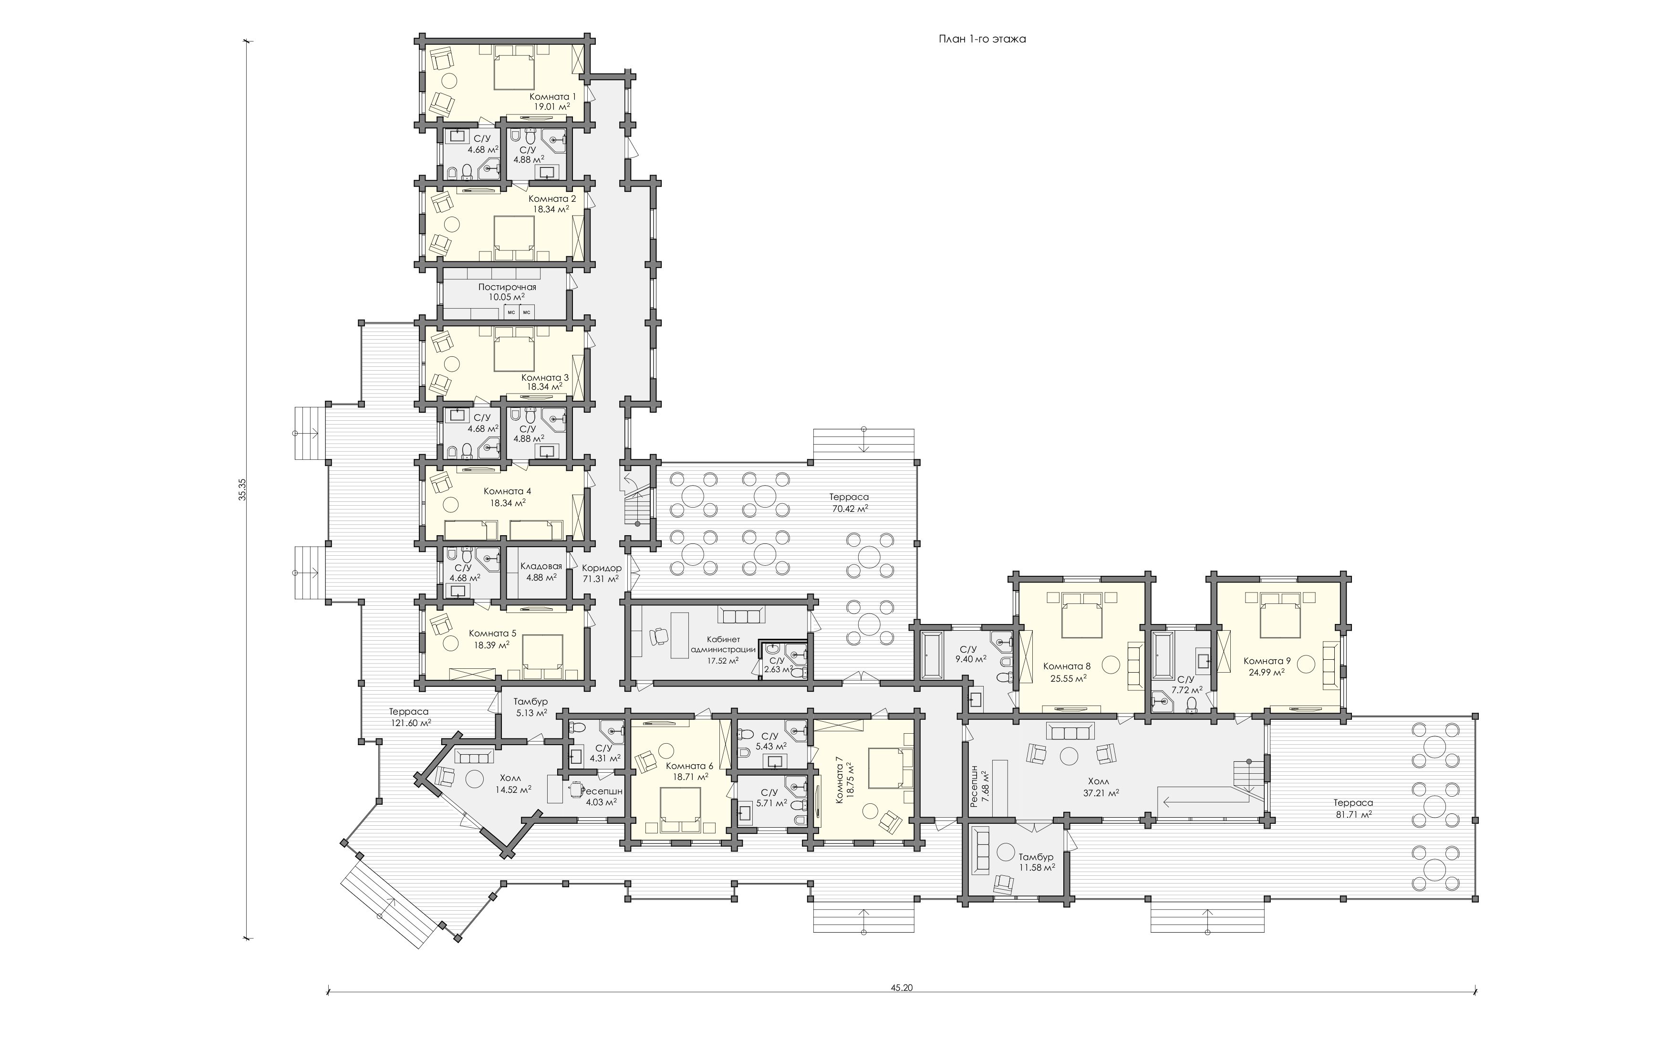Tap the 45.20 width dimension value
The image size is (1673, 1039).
tap(902, 988)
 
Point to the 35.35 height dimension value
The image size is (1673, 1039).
tap(242, 489)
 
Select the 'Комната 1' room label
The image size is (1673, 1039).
tap(552, 97)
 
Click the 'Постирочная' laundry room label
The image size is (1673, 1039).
tap(507, 287)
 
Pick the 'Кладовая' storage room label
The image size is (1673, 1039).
tap(541, 566)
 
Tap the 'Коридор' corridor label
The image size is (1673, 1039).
tap(602, 568)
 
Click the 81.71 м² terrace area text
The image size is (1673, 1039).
tap(1353, 814)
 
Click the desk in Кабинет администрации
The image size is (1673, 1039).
tap(679, 635)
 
